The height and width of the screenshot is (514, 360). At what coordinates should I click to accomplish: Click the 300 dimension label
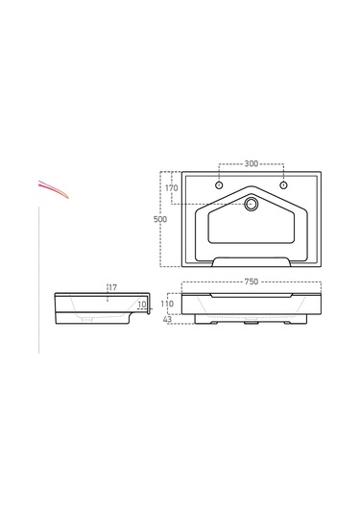click(251, 163)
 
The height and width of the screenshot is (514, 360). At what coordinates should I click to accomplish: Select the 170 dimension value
click(171, 188)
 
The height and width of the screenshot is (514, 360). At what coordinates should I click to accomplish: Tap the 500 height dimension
click(160, 219)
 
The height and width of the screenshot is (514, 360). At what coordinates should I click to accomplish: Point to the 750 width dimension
click(252, 281)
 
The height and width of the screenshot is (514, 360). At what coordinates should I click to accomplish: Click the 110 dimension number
click(167, 304)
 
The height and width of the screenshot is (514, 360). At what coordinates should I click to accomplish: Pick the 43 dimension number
click(167, 319)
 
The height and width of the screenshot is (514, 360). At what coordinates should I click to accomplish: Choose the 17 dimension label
click(113, 288)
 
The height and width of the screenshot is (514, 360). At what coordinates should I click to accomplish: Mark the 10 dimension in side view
click(141, 305)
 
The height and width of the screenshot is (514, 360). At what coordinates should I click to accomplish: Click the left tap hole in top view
click(219, 185)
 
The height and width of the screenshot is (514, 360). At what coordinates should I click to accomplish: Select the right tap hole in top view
click(283, 185)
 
